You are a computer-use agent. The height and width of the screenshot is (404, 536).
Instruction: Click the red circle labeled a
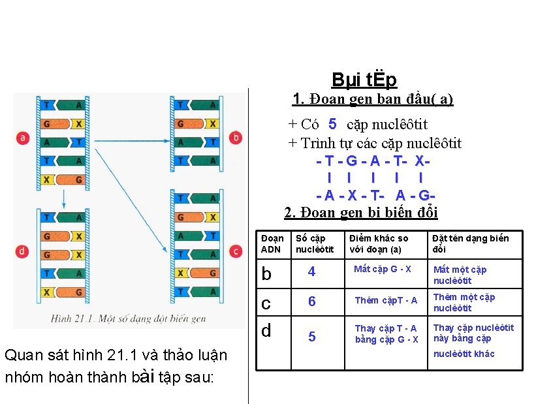tap(24, 138)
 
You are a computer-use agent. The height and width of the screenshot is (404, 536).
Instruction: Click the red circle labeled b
tap(236, 138)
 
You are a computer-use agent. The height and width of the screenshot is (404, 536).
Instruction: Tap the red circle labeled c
tap(236, 251)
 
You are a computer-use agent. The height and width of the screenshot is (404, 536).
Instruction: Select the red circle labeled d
tap(24, 251)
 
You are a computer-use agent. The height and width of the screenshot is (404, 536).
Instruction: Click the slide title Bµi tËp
tap(364, 80)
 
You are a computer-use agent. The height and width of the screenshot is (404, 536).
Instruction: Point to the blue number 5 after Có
tap(332, 124)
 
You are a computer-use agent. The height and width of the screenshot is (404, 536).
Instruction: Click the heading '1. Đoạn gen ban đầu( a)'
tap(372, 99)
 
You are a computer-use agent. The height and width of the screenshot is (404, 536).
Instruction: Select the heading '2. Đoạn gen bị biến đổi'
tap(360, 212)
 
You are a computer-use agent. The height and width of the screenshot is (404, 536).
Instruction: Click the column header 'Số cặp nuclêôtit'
tap(315, 243)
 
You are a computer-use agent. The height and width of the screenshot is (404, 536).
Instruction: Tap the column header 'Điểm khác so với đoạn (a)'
tap(379, 243)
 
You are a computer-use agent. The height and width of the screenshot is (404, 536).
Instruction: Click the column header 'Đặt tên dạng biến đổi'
tap(470, 243)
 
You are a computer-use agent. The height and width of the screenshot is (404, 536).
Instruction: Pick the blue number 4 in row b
tap(311, 272)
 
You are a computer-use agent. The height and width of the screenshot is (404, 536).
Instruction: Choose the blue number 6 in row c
tap(311, 301)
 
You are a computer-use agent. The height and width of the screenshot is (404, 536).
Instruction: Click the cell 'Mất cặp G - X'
tap(383, 269)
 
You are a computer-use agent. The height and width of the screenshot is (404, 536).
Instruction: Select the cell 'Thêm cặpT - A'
tap(386, 300)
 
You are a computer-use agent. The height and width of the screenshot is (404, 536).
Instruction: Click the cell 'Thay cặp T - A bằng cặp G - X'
tap(386, 334)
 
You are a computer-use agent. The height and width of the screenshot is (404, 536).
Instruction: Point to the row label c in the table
tap(266, 303)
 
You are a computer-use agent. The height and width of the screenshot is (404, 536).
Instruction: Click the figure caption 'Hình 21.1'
tap(129, 319)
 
